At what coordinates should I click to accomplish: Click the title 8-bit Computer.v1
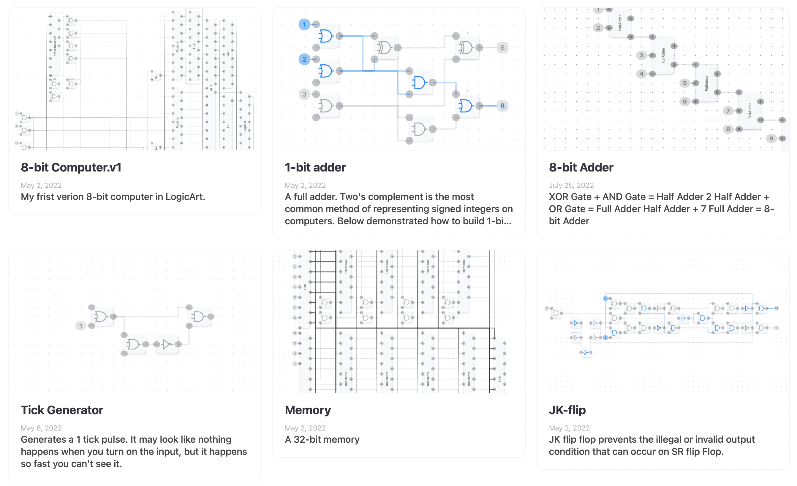[71, 167]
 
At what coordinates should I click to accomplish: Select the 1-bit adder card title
[315, 167]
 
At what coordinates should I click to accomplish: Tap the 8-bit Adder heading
[581, 167]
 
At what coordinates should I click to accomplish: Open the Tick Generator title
[62, 410]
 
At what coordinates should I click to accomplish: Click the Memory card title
[308, 410]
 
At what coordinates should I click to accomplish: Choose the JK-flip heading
[567, 410]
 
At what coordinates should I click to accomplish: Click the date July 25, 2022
[571, 185]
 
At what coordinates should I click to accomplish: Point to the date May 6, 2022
[41, 428]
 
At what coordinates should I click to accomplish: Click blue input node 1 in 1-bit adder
[304, 25]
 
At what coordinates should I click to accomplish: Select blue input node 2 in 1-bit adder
[304, 59]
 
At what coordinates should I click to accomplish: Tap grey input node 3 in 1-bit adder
[304, 94]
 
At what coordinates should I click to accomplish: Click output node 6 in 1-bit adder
[502, 48]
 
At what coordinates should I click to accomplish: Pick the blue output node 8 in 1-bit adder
[502, 106]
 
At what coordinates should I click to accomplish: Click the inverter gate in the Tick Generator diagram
[167, 344]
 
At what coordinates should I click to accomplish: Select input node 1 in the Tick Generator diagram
[80, 326]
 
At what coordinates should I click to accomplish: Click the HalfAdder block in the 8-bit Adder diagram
[620, 23]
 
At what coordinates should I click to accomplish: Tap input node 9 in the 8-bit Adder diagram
[771, 139]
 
